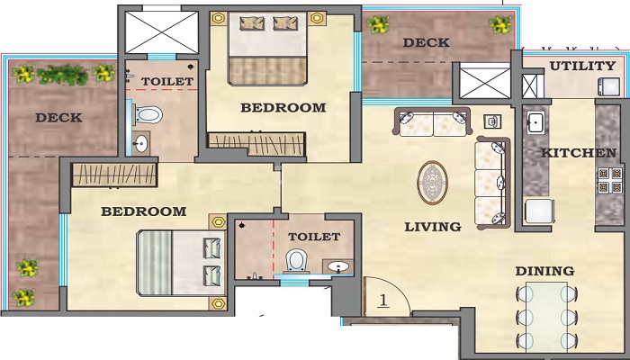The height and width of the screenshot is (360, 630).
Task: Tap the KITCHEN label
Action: (578, 154)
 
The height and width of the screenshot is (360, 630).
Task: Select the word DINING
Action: (544, 271)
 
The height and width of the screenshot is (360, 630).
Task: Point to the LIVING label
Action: (432, 227)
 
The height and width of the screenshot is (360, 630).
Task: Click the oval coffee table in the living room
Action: (433, 182)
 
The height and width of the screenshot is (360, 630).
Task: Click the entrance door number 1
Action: (382, 300)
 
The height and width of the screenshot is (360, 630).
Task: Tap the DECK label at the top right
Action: (427, 42)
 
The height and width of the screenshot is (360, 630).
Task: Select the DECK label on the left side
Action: (58, 118)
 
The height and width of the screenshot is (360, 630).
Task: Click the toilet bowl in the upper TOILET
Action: (149, 114)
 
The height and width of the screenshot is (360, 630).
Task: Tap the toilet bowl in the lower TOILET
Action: (295, 261)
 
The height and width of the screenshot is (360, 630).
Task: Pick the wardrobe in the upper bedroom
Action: (256, 141)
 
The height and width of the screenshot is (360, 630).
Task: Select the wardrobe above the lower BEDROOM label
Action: (109, 175)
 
